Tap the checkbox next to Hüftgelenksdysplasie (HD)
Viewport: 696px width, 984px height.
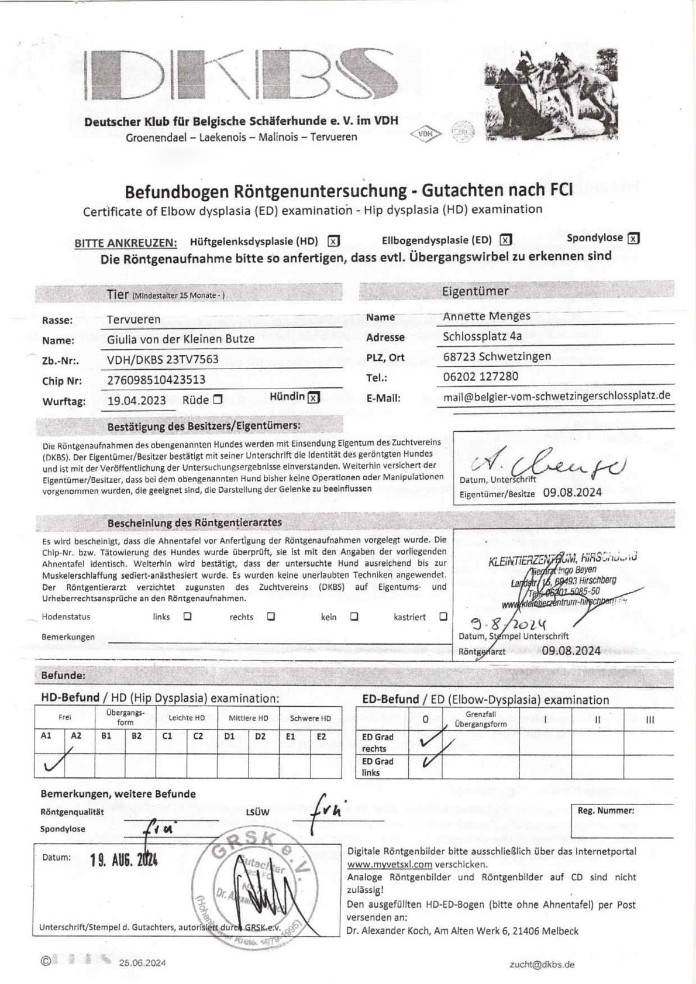(333, 241)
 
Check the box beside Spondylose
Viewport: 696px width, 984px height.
(633, 238)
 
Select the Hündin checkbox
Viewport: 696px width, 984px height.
(314, 397)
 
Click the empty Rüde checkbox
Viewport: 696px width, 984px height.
(218, 400)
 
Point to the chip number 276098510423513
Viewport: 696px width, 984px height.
(156, 380)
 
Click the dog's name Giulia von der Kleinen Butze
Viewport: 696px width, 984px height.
(181, 339)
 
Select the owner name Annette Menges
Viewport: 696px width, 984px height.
(486, 316)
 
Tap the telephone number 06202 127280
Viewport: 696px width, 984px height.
(480, 376)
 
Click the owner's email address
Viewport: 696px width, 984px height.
(556, 396)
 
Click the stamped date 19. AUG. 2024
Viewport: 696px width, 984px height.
(123, 859)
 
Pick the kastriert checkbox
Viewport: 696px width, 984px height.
(443, 616)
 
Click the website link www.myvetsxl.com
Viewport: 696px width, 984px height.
(390, 864)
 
